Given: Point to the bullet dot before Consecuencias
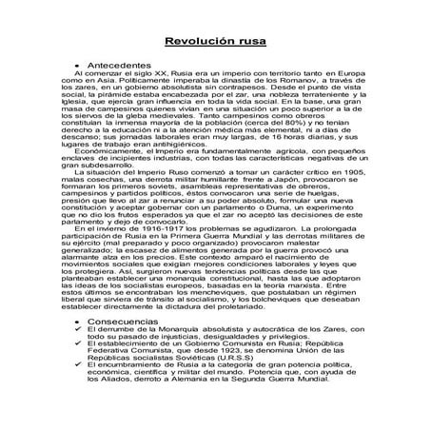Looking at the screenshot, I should coord(76,323).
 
